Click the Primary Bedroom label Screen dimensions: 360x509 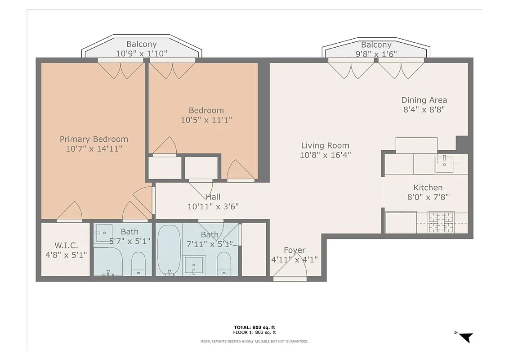click(x=94, y=139)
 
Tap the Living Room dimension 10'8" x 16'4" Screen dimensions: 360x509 click(x=325, y=155)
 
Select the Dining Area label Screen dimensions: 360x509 click(x=424, y=100)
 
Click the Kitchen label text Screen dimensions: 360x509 click(x=428, y=187)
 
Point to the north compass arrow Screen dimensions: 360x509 click(x=466, y=337)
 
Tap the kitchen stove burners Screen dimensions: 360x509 click(x=441, y=222)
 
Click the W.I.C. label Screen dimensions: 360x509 click(x=67, y=245)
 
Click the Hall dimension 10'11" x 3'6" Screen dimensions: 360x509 click(x=213, y=207)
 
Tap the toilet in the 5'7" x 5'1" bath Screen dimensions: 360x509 click(x=138, y=263)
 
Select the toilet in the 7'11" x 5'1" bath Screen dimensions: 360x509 click(x=223, y=263)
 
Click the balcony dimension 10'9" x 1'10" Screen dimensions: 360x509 click(x=142, y=53)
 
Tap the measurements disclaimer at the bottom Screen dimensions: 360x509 click(x=254, y=342)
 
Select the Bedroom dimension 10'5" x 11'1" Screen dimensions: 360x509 click(x=206, y=120)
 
